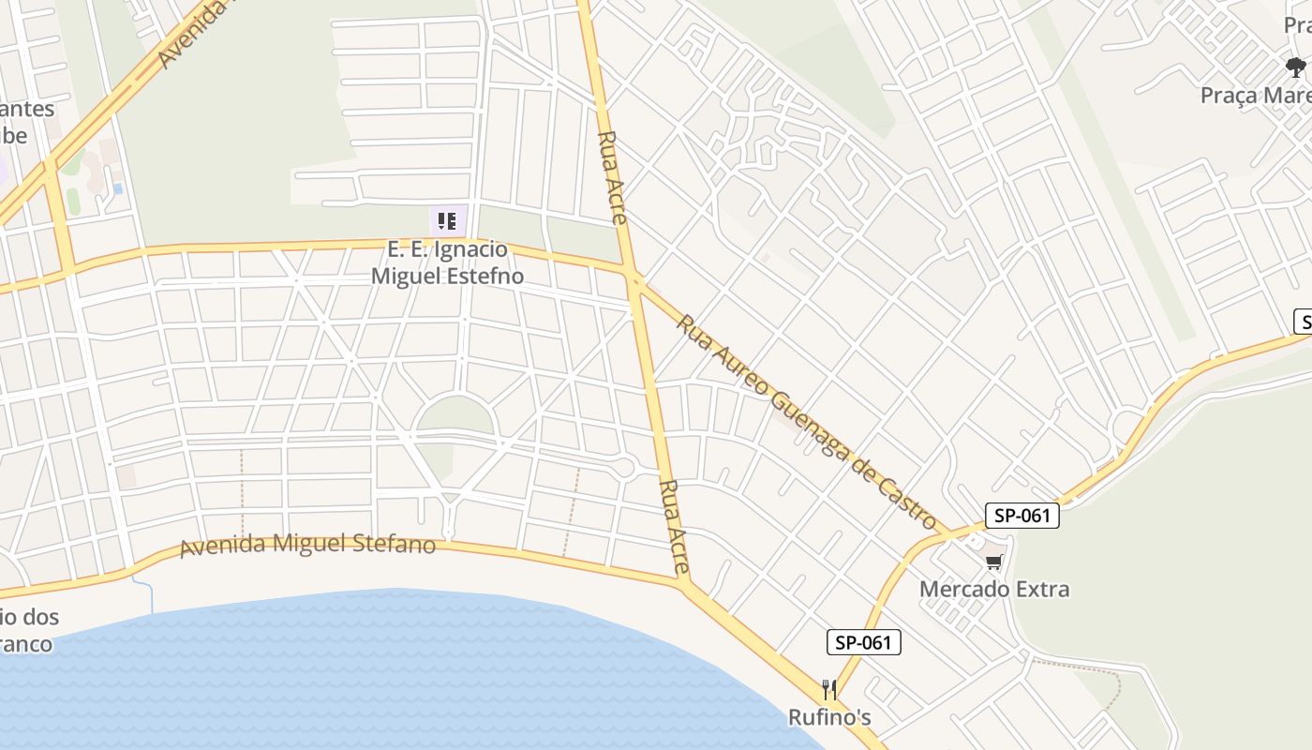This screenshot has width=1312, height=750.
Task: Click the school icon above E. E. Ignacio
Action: (x=447, y=221)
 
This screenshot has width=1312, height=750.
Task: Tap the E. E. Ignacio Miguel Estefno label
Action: (x=447, y=263)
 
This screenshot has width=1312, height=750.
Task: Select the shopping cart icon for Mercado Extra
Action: (x=993, y=562)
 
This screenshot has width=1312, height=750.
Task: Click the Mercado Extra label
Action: (x=993, y=590)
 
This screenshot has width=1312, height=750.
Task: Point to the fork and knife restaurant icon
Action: (x=828, y=691)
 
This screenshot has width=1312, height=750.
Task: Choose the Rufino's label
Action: (x=828, y=718)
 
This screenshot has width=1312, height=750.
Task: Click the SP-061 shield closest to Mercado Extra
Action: (x=1021, y=516)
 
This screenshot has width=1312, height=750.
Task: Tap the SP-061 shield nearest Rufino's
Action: (x=863, y=642)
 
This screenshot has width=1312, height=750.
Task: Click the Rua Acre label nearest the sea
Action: (x=675, y=527)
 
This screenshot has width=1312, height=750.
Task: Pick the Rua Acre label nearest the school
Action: (x=612, y=177)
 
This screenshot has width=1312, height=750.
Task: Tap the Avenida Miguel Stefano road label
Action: (x=307, y=545)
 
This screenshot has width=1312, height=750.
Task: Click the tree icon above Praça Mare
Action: (x=1296, y=67)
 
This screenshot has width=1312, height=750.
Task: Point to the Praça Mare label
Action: (x=1256, y=96)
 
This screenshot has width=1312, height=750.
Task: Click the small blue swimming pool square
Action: (x=117, y=188)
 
